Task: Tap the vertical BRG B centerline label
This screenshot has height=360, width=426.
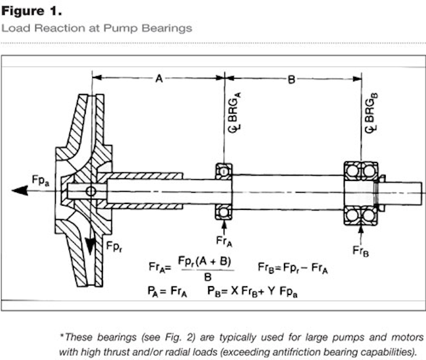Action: pos(371,115)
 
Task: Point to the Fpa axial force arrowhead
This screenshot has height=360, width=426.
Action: pos(19,190)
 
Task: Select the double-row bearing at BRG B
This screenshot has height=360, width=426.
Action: pos(360,191)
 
